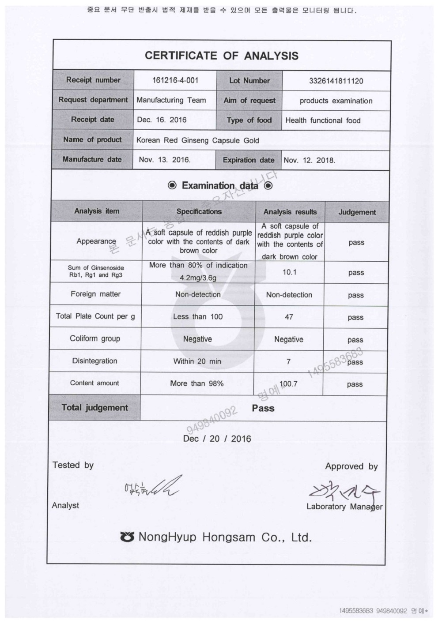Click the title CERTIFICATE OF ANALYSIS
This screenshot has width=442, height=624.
pos(221,56)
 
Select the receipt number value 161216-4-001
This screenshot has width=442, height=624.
pos(175,80)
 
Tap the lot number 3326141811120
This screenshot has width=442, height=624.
pos(336,81)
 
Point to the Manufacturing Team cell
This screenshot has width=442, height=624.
pos(171,100)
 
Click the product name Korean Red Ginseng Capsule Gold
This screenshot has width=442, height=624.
pos(197,140)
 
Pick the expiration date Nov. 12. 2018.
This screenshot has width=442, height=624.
pos(309,160)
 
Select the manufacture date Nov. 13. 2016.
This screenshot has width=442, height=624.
pos(164,160)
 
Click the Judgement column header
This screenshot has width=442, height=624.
pos(357,212)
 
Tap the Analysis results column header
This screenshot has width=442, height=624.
pos(290,212)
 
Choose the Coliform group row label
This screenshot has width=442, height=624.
pos(95,338)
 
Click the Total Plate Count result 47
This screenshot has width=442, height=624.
pos(289,317)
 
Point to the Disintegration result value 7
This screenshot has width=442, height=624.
pos(288,361)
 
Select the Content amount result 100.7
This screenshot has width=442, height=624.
pos(288,384)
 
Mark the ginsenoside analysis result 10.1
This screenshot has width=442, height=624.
pos(289,272)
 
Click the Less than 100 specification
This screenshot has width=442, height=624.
pos(198,316)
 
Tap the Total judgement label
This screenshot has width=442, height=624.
pos(95,408)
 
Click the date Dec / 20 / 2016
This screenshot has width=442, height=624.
pos(217,439)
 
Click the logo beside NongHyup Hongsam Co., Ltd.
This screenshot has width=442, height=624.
pos(127,537)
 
